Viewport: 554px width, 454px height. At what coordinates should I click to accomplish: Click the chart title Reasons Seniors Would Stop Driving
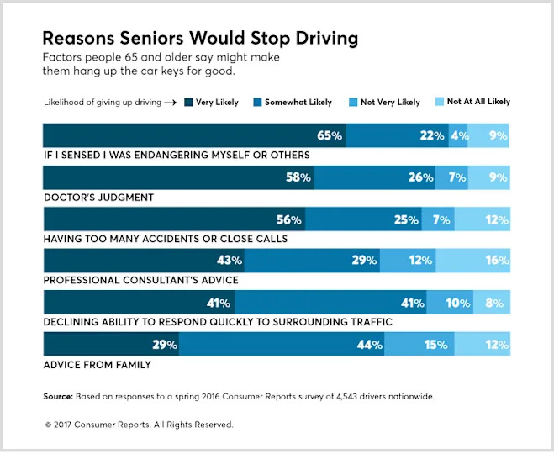pos(200,38)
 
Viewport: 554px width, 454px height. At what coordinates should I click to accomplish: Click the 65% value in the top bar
pos(330,135)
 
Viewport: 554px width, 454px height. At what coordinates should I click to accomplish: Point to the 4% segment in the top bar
pos(458,135)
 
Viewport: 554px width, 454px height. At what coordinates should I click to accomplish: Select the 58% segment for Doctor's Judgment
pos(178,177)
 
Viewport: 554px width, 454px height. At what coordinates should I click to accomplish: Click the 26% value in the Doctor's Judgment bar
pos(421,177)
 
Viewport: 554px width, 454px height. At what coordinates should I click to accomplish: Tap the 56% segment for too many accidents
pos(173,219)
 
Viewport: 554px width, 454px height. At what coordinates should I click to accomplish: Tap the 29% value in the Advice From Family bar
pos(165,345)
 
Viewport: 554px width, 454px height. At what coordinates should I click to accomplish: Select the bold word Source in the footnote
pos(58,395)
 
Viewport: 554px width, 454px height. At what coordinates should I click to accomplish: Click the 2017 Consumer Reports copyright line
pos(139,425)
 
